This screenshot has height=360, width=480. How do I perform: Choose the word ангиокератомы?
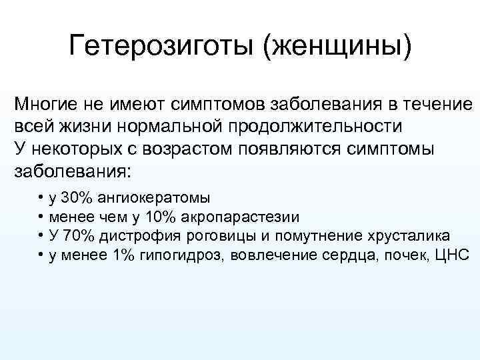tap(154, 198)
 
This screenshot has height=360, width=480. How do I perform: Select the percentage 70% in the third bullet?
tap(79, 235)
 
